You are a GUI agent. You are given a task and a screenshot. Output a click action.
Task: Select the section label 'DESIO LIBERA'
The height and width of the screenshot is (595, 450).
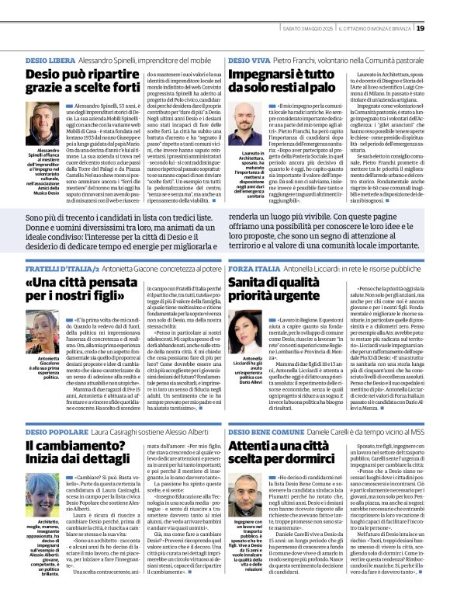(50, 59)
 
